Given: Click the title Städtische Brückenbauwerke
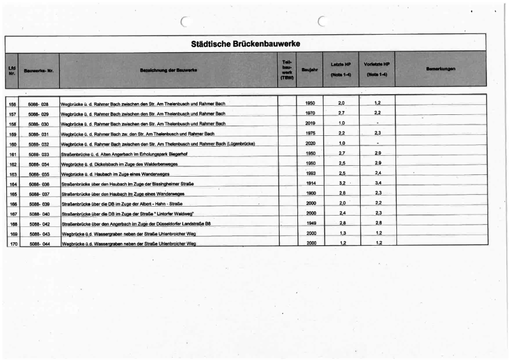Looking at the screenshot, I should [245, 44].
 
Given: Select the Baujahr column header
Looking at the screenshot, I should [308, 70].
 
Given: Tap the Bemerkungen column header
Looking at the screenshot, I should [441, 69].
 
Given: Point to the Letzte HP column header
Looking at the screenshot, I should [341, 70].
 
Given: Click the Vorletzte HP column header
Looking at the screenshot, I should [377, 70].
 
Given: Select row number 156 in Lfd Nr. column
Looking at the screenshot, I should [12, 104].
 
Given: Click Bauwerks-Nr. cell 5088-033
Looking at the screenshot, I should [38, 154].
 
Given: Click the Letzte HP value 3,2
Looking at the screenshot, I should [342, 183].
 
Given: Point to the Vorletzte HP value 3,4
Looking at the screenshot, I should [378, 183].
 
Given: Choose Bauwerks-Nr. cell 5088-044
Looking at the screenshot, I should [38, 243].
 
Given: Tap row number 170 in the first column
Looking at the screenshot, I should [12, 243].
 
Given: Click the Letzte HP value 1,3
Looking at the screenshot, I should [342, 233].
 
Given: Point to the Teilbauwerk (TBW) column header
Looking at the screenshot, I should [287, 70].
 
